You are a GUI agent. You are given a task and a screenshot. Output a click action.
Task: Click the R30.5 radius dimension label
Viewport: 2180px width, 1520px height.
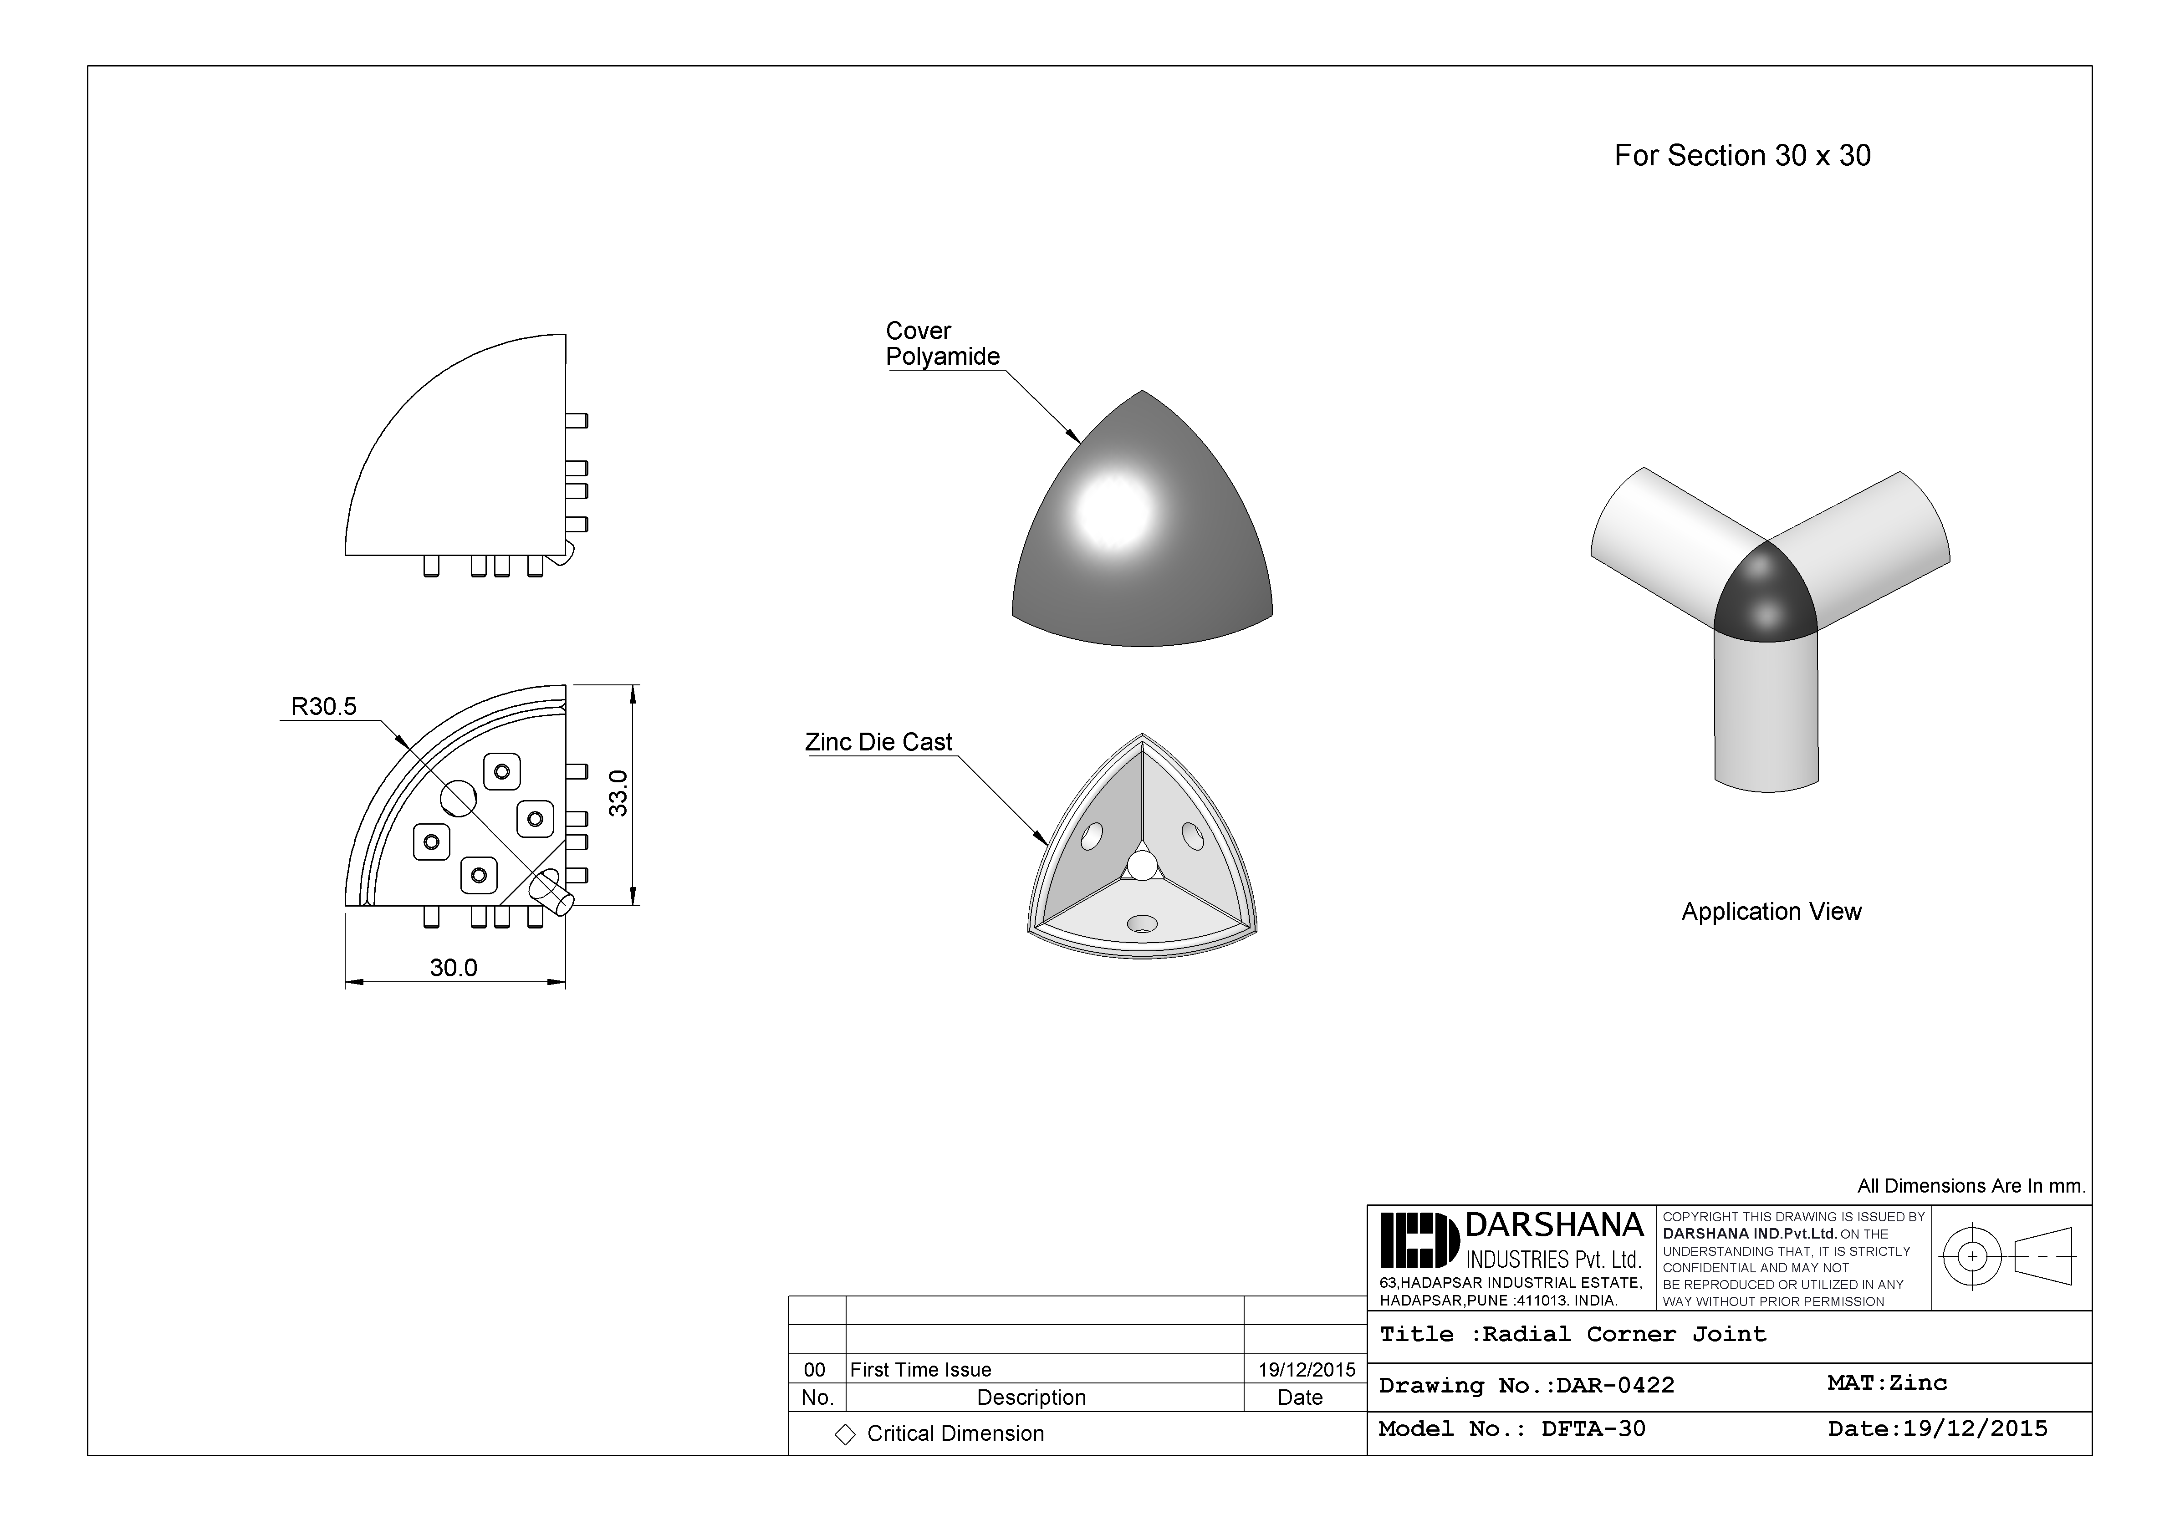324,706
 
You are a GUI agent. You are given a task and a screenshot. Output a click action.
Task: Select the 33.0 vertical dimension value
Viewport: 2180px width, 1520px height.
618,793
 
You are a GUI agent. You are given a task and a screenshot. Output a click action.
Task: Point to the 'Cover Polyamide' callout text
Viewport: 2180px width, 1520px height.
942,344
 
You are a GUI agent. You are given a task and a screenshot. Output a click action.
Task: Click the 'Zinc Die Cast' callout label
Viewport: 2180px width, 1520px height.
878,742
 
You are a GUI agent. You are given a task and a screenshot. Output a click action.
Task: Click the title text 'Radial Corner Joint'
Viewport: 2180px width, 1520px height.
1624,1334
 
